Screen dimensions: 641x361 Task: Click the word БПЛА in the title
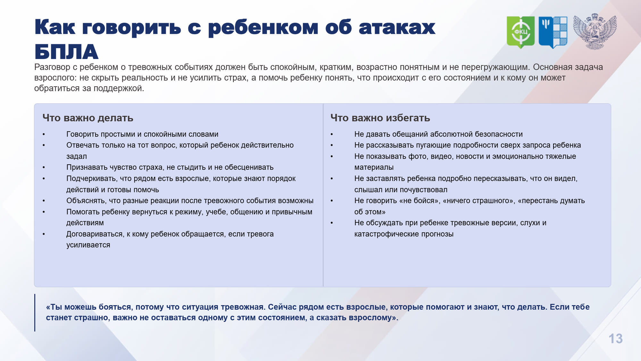point(66,52)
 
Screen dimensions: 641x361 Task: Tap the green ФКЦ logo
point(520,32)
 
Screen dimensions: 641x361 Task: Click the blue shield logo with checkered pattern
point(553,32)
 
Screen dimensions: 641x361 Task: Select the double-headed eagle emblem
point(595,31)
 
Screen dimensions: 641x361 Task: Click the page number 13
point(615,339)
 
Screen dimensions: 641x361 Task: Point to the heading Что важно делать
point(88,118)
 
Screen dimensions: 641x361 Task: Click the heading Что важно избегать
point(380,118)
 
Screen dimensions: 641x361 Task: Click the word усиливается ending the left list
point(88,245)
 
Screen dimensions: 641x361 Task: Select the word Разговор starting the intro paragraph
point(52,67)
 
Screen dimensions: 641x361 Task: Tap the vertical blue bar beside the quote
point(35,313)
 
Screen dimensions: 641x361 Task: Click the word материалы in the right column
point(374,168)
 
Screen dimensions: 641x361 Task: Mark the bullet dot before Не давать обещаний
point(332,134)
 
